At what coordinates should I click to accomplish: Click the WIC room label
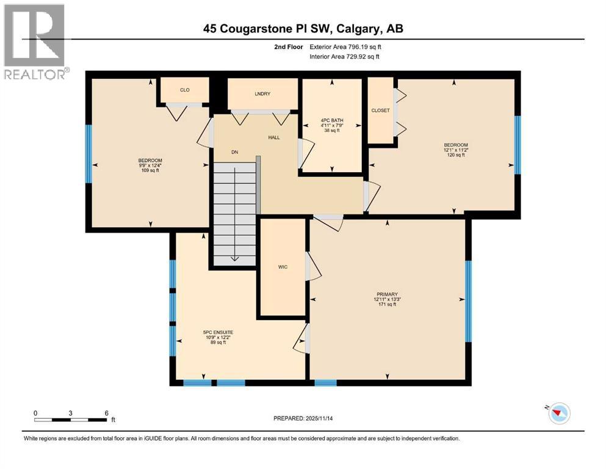pyautogui.click(x=283, y=267)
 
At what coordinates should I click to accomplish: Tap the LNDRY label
pyautogui.click(x=262, y=93)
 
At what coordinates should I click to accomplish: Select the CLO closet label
pyautogui.click(x=184, y=90)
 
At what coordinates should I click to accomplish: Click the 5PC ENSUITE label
pyautogui.click(x=218, y=332)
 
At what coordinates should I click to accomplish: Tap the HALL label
pyautogui.click(x=274, y=137)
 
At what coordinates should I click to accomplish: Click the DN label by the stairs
pyautogui.click(x=234, y=152)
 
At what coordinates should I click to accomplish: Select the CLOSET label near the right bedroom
pyautogui.click(x=380, y=111)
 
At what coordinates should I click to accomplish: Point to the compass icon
pyautogui.click(x=558, y=413)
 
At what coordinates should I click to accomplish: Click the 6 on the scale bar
pyautogui.click(x=106, y=413)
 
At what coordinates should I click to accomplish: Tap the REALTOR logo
pyautogui.click(x=35, y=43)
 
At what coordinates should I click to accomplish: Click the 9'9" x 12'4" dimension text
pyautogui.click(x=150, y=165)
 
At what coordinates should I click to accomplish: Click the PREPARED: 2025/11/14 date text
pyautogui.click(x=305, y=418)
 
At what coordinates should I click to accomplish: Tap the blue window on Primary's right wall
pyautogui.click(x=469, y=300)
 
